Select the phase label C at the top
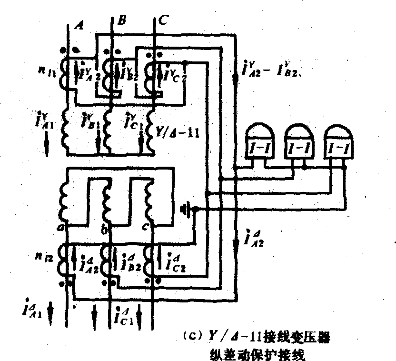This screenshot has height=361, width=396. click(164, 20)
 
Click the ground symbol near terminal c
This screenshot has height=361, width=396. click(188, 209)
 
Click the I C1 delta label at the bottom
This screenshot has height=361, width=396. click(123, 315)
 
